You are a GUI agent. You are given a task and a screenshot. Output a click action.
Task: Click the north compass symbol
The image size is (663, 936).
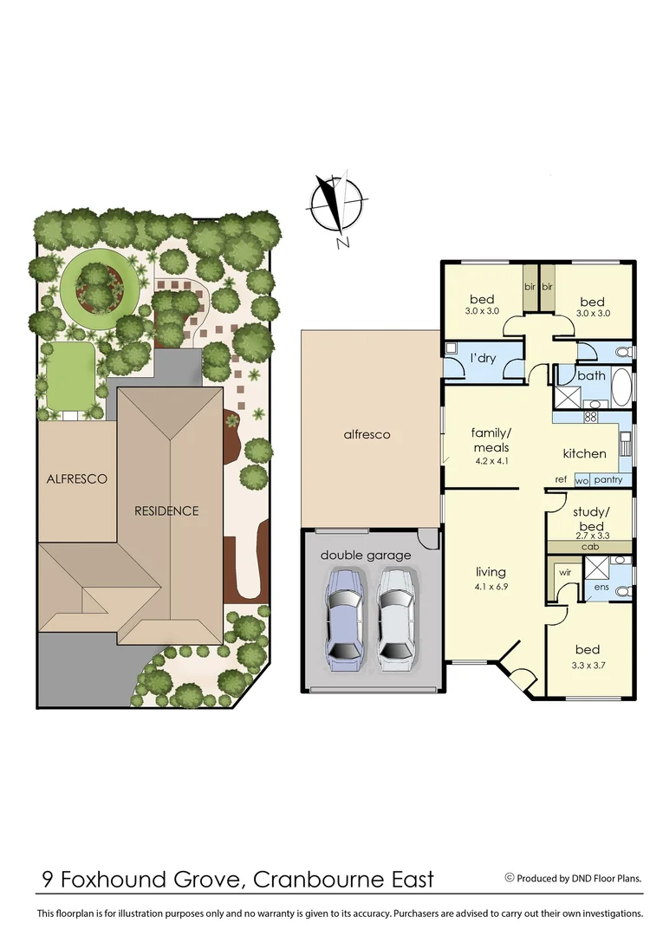click(x=337, y=206)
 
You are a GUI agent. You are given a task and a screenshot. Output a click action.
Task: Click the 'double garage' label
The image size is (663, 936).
click(x=366, y=555)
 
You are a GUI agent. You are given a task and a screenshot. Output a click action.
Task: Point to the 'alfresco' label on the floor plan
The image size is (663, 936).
click(x=367, y=434)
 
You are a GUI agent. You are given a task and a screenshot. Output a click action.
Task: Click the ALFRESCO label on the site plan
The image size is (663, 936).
click(x=77, y=478)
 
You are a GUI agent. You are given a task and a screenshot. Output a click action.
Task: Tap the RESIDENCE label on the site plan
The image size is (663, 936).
click(x=166, y=510)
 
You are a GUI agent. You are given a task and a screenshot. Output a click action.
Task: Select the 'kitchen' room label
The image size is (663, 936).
click(x=584, y=453)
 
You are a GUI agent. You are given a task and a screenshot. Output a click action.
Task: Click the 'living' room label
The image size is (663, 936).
click(x=491, y=572)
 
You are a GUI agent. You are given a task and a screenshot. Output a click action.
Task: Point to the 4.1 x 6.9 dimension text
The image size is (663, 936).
click(x=491, y=587)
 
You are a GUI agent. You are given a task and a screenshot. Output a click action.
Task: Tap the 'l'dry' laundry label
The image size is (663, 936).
click(x=483, y=358)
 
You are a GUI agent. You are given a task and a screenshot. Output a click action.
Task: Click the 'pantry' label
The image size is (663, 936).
click(x=608, y=479)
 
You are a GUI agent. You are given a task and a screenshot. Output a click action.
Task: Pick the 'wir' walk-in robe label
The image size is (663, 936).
click(x=564, y=573)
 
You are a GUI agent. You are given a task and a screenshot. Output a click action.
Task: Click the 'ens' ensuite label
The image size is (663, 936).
click(x=601, y=587)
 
